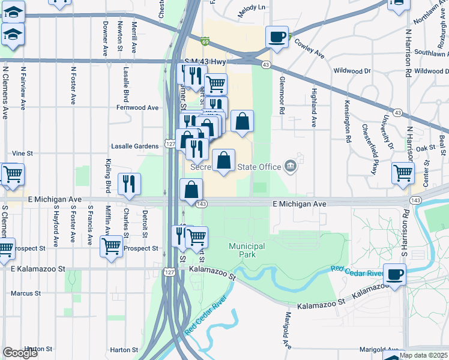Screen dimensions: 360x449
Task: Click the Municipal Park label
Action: point(247,250)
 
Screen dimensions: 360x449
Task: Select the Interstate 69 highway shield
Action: point(205,41)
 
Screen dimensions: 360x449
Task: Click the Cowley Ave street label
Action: point(310,49)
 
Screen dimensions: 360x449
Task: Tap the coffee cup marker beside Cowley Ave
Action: point(277,37)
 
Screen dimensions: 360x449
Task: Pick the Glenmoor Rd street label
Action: point(282,96)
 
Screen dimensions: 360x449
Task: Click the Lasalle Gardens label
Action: point(135,146)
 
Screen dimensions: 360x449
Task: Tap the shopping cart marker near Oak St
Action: point(403,173)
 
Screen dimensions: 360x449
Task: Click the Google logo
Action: point(20,353)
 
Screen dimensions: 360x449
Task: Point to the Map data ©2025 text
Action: point(423,355)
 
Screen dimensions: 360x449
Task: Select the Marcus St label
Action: point(25,294)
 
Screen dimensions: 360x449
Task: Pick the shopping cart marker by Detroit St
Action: point(111,246)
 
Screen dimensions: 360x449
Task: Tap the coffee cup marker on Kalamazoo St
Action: point(394,275)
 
